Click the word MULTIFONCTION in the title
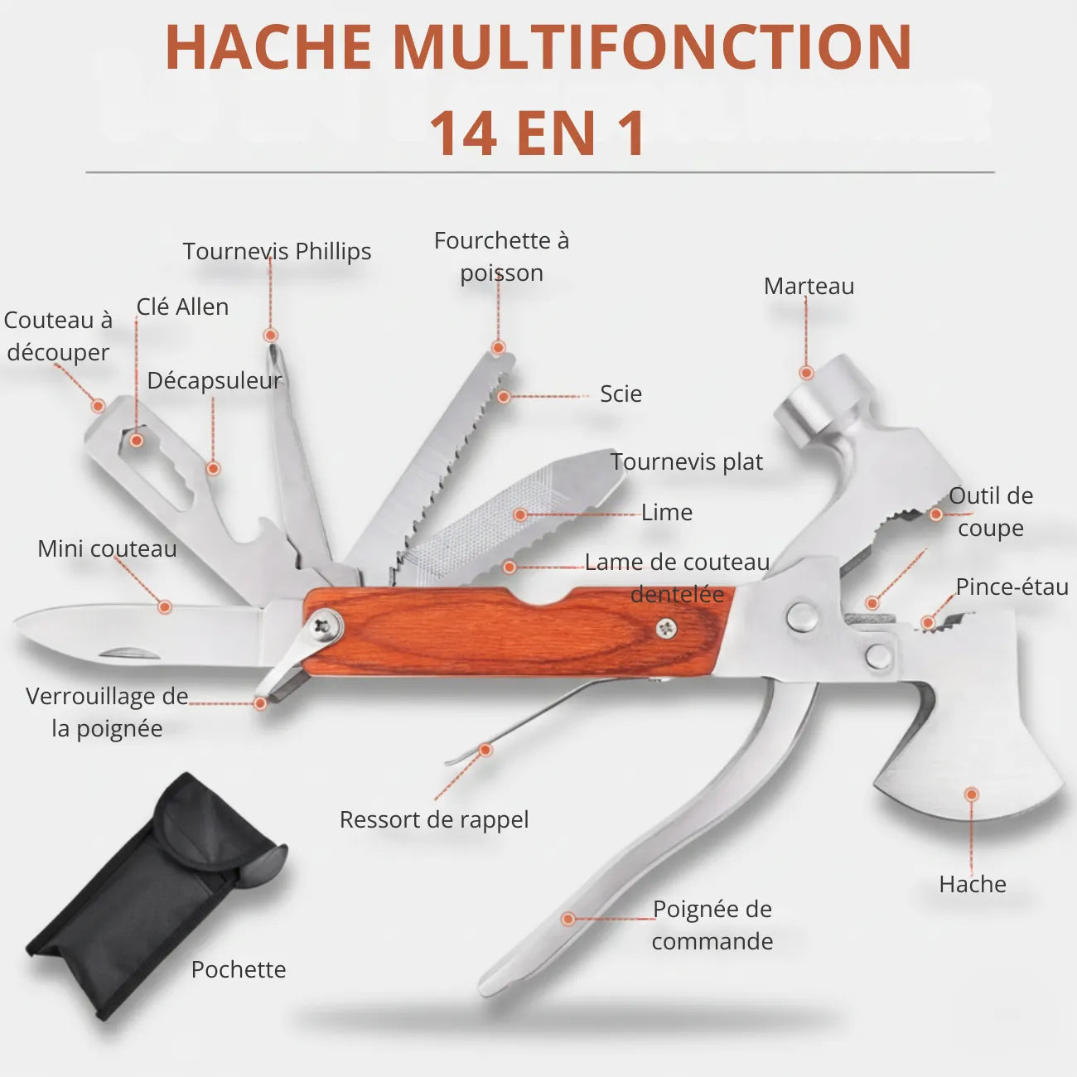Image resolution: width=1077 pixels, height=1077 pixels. [652, 47]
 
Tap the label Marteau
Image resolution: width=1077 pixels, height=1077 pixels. [809, 286]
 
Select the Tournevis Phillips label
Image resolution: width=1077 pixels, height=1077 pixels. [278, 252]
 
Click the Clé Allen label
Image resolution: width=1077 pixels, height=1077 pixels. [183, 307]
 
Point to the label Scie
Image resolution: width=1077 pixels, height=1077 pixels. [621, 394]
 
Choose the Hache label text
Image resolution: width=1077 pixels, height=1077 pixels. [973, 884]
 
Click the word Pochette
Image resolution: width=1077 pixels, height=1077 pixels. [239, 969]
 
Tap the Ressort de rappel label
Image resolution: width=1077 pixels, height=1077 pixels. [434, 820]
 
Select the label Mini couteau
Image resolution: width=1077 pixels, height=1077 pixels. [108, 548]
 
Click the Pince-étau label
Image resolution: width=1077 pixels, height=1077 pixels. [1012, 587]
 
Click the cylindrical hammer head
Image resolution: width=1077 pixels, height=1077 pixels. [823, 400]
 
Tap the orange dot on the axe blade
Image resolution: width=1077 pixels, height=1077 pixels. [971, 794]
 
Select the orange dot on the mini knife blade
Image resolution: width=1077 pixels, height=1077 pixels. [164, 607]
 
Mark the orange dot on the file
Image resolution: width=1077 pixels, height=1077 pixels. [520, 514]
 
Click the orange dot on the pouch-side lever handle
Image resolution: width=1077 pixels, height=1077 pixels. [567, 919]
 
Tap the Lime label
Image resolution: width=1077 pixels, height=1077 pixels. [667, 513]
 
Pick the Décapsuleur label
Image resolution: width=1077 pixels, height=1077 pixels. [215, 381]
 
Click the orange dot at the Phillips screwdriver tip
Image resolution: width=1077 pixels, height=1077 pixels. [271, 336]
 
